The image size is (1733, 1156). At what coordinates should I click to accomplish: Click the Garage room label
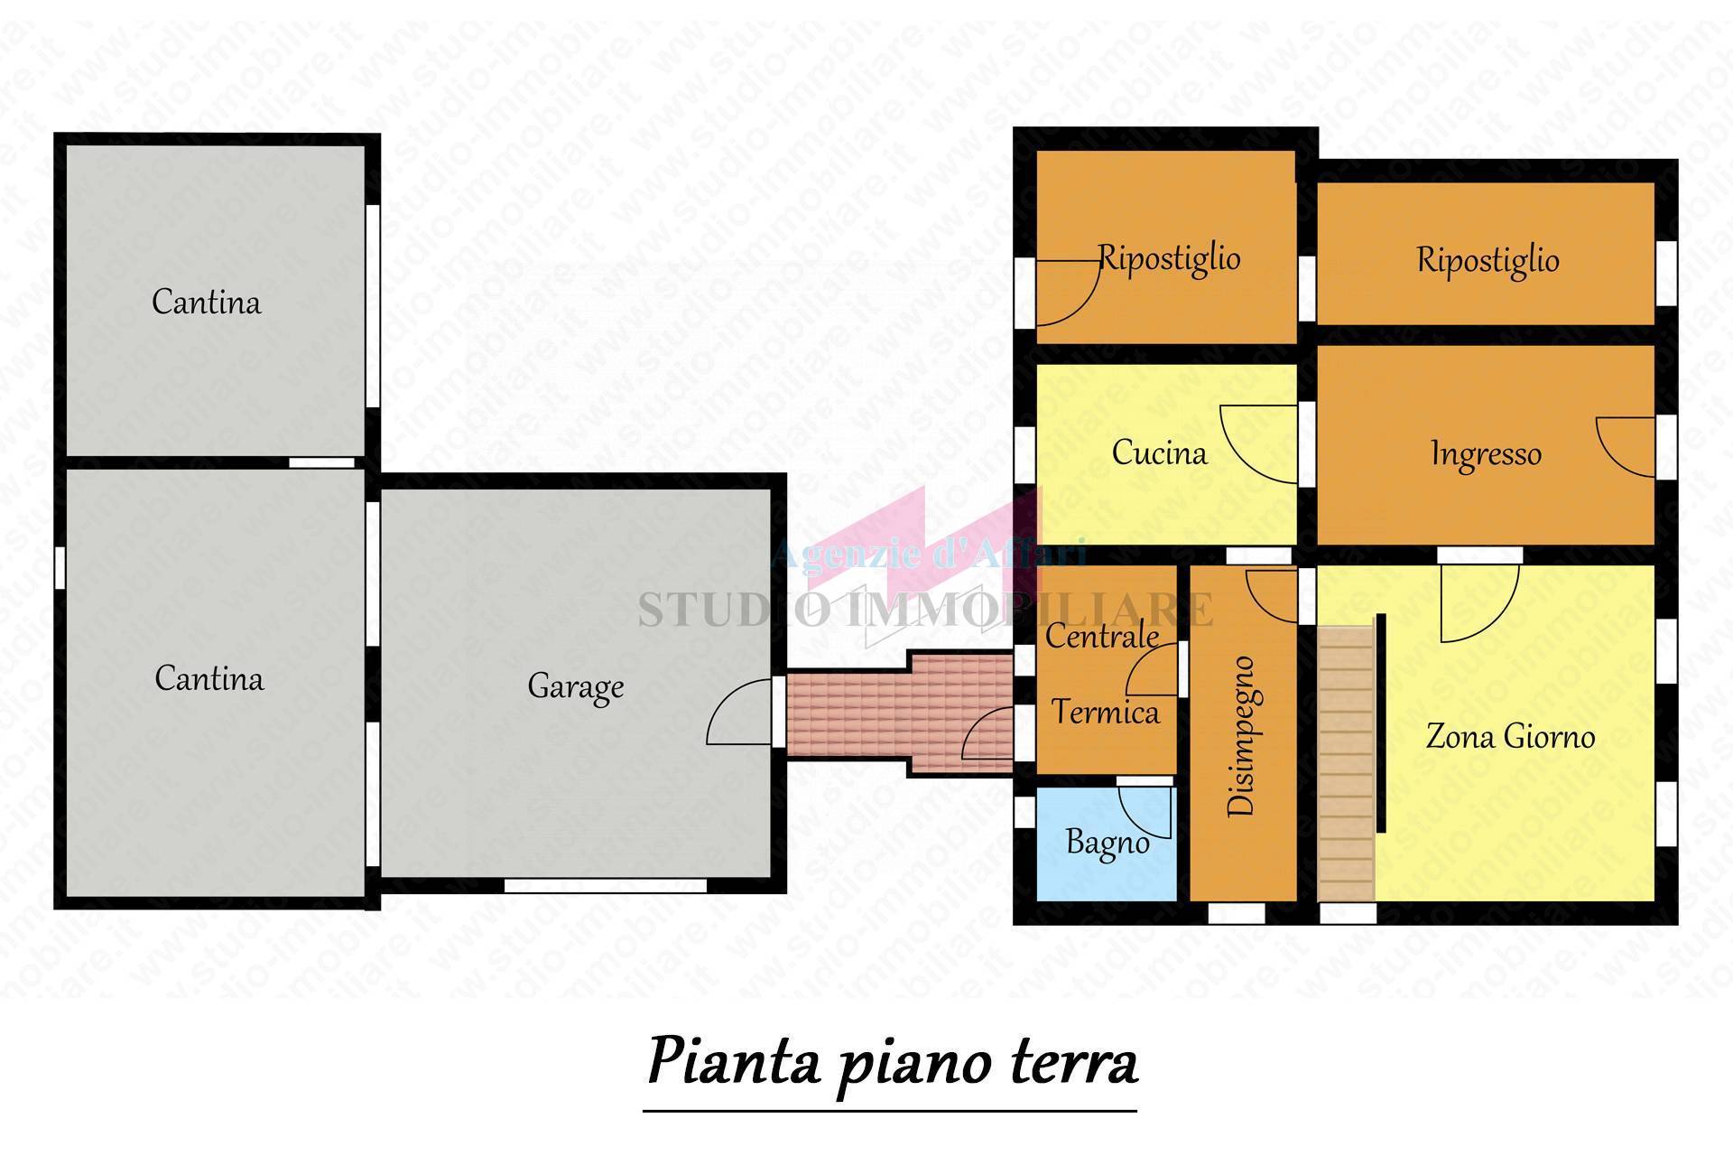(575, 686)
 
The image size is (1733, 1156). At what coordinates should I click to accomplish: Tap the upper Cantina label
(206, 302)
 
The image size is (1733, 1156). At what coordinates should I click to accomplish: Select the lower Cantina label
(209, 678)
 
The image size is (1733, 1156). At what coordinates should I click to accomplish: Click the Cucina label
(1159, 452)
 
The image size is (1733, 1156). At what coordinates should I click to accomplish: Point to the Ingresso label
(1486, 453)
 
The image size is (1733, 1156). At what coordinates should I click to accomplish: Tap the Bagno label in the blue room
(1107, 842)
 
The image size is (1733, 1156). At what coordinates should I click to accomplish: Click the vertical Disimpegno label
(1242, 736)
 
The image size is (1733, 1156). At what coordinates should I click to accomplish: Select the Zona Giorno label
(1510, 737)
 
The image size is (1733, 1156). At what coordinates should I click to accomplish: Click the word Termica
(1105, 713)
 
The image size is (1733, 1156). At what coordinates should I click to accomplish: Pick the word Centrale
(1101, 636)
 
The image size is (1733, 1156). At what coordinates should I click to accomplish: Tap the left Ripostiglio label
(1169, 258)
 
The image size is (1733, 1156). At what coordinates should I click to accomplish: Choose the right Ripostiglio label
(1487, 260)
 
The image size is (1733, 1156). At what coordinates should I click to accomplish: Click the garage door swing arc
(736, 713)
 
